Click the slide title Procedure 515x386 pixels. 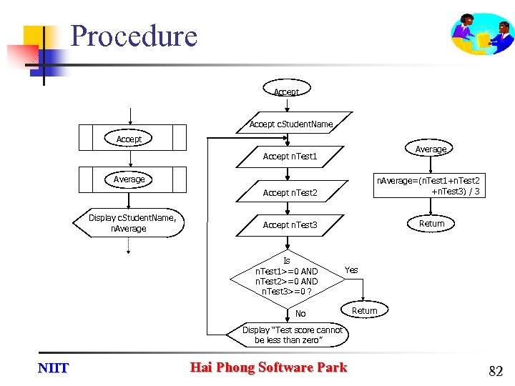tap(134, 36)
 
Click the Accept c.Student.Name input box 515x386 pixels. tap(291, 124)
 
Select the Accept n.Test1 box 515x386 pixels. tap(290, 156)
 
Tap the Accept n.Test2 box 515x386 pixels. tap(290, 192)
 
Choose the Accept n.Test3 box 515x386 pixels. tap(290, 224)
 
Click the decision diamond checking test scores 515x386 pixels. tap(286, 276)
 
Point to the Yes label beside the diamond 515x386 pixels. tap(351, 269)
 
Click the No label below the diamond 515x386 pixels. tap(300, 313)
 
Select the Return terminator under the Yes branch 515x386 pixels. tap(364, 310)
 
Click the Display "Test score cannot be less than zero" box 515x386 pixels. tap(293, 335)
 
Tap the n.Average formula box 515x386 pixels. tap(429, 185)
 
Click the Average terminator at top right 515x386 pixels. tap(431, 149)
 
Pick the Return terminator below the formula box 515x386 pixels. tap(431, 223)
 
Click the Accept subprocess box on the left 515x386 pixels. tap(129, 138)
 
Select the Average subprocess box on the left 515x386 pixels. tap(129, 179)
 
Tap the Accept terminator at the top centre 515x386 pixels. tap(286, 91)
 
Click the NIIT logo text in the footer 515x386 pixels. tap(54, 368)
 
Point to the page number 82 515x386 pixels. tap(496, 371)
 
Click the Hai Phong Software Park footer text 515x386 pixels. tap(268, 367)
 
